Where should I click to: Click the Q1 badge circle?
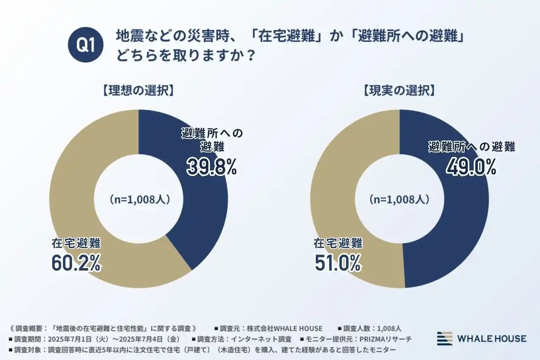(x=86, y=46)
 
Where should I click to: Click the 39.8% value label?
(x=212, y=167)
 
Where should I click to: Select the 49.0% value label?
(x=471, y=167)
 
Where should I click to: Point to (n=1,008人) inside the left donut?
(x=139, y=199)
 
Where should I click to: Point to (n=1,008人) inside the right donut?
(x=399, y=199)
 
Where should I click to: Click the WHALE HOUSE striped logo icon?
(x=444, y=338)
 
